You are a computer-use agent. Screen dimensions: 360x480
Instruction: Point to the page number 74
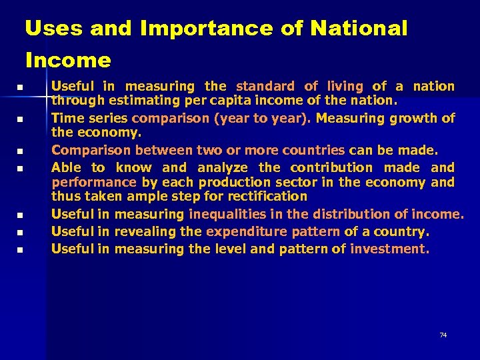tap(443, 335)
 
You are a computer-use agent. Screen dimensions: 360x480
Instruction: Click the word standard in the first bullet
tap(265, 86)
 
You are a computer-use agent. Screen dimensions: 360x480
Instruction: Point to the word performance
tap(93, 182)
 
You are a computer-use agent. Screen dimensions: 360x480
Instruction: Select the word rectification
tap(267, 197)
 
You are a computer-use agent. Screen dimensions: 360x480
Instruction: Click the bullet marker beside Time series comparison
tap(21, 120)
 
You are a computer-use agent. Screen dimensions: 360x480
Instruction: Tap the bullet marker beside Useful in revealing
tap(21, 233)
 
